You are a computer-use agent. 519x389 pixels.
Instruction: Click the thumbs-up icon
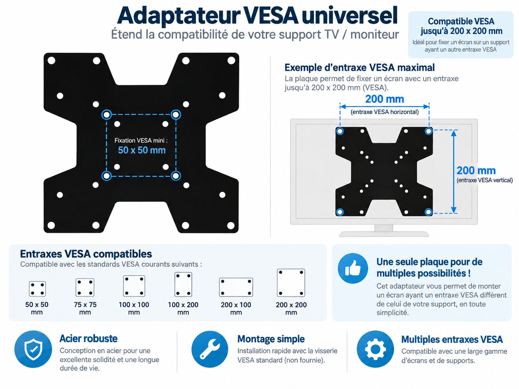coord(353,268)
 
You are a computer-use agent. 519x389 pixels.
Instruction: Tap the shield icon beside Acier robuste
coord(33,349)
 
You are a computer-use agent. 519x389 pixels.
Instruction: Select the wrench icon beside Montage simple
coord(210,349)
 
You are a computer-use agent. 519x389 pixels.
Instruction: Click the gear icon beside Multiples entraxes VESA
coord(375,349)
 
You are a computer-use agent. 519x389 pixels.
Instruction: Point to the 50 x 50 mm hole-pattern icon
coord(37,289)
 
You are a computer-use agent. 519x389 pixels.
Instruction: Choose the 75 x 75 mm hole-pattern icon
coord(85,287)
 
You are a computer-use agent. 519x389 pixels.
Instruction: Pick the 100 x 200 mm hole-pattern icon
coord(183,284)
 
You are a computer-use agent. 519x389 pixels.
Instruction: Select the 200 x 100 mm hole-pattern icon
coord(236,287)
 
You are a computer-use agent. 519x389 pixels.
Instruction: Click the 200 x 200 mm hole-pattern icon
coord(291,283)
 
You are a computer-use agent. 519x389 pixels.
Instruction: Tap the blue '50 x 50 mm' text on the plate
coord(142,150)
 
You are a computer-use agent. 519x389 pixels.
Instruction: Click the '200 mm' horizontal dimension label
coord(385,99)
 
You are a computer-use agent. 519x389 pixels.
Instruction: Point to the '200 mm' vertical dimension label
coord(476,170)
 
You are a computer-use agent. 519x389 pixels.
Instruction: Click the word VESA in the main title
coord(271,16)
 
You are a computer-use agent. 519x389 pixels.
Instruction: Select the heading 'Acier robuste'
coord(89,338)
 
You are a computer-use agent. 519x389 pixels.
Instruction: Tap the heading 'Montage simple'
coord(271,339)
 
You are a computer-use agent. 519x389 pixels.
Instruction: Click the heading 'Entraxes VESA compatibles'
coord(86,254)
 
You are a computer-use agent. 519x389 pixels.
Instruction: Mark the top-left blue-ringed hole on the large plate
coord(107,115)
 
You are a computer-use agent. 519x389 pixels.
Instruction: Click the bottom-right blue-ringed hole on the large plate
coord(176,176)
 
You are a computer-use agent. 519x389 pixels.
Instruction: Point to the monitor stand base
coord(384,234)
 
